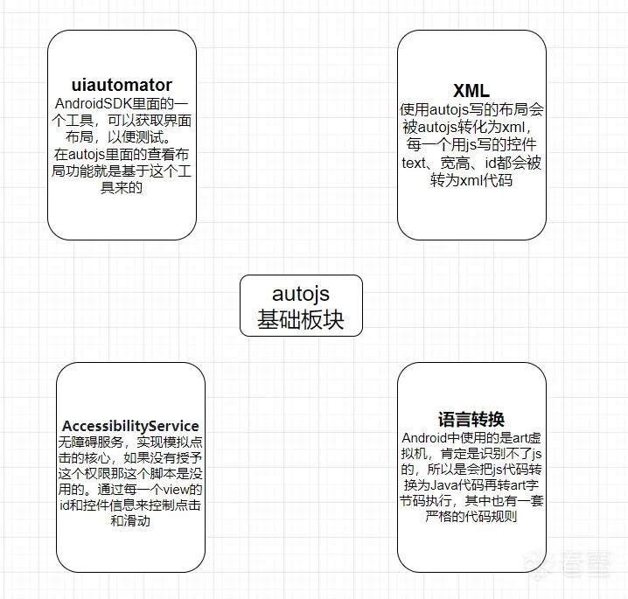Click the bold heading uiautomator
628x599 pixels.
coord(122,85)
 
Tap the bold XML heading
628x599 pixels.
coord(471,90)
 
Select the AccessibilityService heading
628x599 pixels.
coord(130,426)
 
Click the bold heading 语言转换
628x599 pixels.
coord(471,420)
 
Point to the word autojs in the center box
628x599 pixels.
coord(301,295)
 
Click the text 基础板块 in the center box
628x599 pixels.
coord(301,319)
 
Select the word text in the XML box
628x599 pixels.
coord(414,163)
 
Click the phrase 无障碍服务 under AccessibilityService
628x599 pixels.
coord(91,442)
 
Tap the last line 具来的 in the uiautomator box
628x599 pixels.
coord(122,187)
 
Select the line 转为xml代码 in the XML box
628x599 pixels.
coord(471,180)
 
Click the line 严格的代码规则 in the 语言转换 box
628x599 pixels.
coord(471,517)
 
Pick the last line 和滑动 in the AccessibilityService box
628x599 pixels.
coord(130,520)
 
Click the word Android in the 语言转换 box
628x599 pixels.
coord(424,438)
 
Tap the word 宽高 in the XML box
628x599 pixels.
coord(455,163)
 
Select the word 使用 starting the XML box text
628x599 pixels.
coord(415,109)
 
